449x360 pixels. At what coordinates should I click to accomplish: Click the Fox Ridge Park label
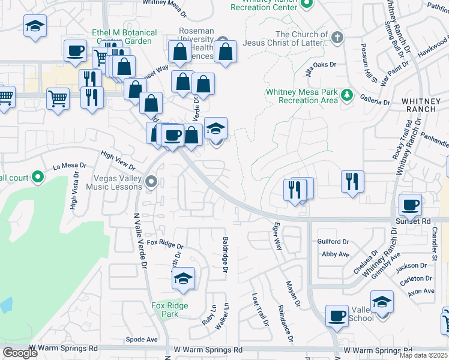(169, 310)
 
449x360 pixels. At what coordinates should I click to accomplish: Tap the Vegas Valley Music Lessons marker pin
(151, 181)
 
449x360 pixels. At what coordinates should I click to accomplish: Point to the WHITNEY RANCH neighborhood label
(424, 107)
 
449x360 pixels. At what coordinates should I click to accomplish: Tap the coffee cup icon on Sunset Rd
(410, 205)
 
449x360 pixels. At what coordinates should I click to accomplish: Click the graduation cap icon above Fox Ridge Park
(184, 278)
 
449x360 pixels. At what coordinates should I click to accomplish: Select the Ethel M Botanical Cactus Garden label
(124, 37)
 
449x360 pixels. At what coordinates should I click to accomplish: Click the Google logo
(20, 353)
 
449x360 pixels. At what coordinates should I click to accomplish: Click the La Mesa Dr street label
(70, 166)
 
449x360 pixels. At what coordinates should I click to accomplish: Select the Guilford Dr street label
(333, 242)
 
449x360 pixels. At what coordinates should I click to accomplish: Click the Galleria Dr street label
(375, 102)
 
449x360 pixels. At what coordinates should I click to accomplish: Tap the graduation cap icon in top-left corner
(35, 26)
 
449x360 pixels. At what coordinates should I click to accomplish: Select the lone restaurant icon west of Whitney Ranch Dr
(352, 181)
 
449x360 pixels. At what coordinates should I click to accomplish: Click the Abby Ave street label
(336, 254)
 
